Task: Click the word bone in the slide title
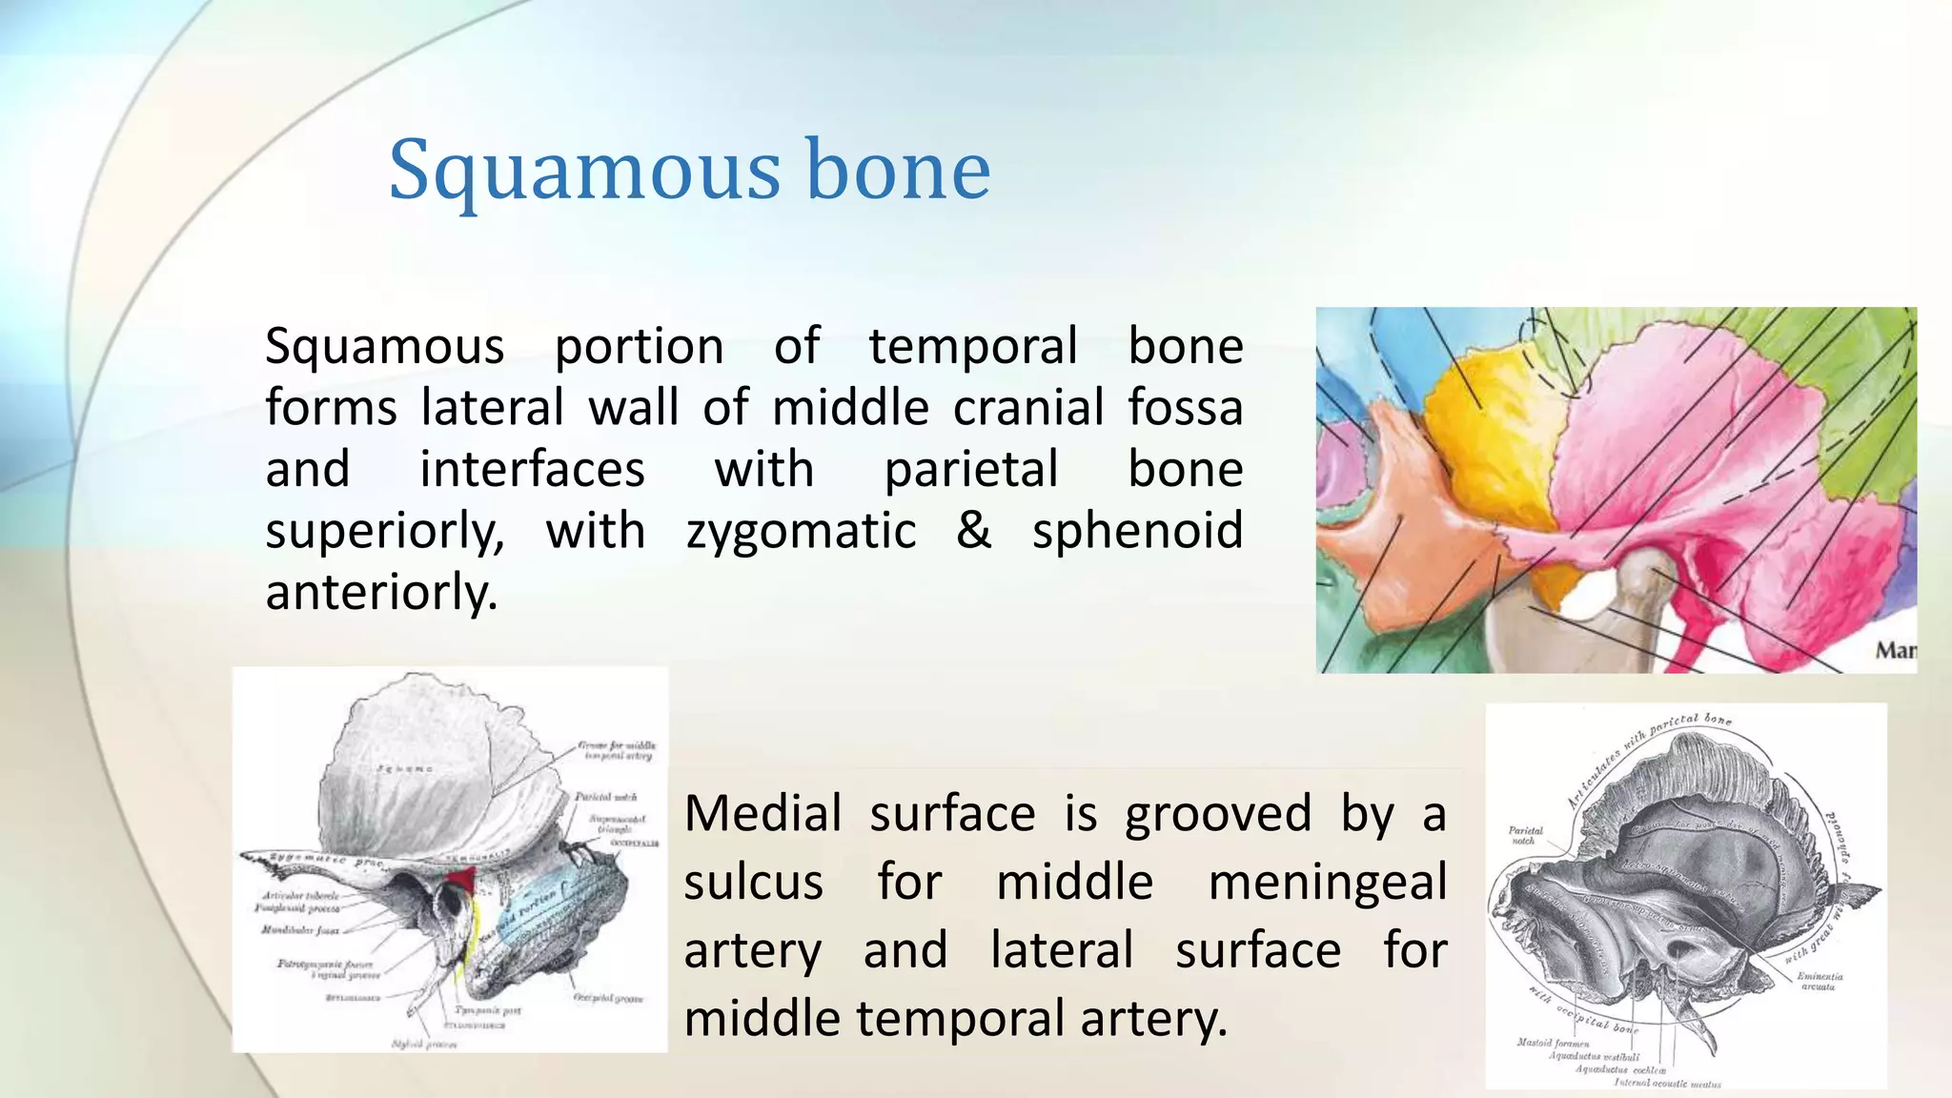tap(898, 172)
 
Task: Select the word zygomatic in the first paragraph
tap(801, 531)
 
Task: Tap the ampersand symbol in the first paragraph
tap(973, 530)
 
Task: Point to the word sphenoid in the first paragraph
tap(1137, 531)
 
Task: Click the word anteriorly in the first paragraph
tap(380, 593)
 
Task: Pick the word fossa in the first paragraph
tap(1186, 408)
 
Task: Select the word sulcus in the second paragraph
tap(753, 882)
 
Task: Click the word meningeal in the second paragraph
tap(1327, 882)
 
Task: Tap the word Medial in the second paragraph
tap(762, 814)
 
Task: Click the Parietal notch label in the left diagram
tap(605, 796)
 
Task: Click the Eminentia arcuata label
tap(1820, 981)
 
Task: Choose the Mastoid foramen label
tap(1552, 1043)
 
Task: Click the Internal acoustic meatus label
tap(1667, 1084)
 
